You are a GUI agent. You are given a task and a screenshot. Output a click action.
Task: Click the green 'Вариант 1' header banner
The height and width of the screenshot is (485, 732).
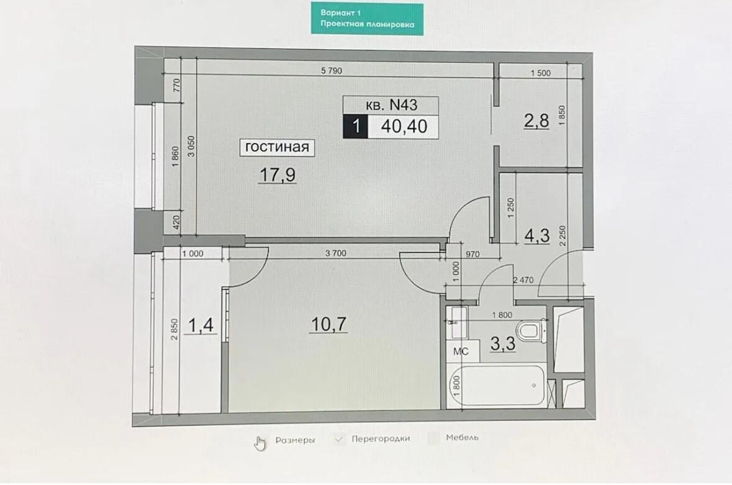368,19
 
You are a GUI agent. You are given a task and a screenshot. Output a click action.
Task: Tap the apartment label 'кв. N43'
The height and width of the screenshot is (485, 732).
391,105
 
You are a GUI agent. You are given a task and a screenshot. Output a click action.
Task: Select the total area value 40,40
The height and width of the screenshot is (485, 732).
404,127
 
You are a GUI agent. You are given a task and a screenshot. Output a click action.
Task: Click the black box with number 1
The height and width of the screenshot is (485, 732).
356,127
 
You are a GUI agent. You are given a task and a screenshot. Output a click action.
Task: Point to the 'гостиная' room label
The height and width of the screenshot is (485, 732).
277,147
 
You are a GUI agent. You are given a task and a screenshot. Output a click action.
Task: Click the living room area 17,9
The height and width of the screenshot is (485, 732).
278,175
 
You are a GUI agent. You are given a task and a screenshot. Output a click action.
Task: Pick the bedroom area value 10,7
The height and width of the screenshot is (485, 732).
328,324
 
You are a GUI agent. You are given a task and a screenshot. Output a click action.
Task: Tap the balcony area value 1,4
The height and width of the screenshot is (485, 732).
201,325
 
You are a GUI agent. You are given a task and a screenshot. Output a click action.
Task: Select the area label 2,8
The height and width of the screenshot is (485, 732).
536,121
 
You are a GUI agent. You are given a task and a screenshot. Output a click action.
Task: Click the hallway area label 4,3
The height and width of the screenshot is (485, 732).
537,236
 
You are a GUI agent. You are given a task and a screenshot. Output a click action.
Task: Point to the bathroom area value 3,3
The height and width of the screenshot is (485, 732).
503,343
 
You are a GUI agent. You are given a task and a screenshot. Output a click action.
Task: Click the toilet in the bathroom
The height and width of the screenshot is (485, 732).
531,330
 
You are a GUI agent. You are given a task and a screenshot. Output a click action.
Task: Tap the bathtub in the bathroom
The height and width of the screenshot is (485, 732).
496,385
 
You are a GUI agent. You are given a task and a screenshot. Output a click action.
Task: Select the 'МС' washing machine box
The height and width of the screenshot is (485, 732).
461,351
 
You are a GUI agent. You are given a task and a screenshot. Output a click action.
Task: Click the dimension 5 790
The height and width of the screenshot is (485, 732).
332,71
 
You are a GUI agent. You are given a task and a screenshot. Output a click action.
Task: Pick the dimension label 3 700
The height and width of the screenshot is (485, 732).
336,253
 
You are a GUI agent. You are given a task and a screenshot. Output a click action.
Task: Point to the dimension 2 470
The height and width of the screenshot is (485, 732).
523,280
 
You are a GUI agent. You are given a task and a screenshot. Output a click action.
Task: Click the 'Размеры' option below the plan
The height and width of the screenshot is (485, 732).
295,440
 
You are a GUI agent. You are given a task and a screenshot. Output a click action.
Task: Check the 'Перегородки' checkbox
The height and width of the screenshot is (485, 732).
340,439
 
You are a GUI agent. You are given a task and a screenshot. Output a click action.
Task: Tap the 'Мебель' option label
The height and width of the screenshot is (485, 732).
462,437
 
